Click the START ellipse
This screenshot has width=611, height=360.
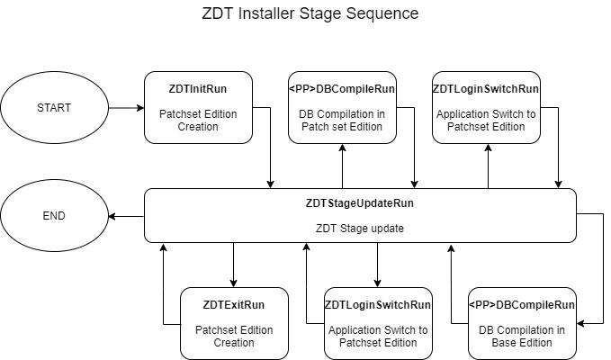click(x=54, y=108)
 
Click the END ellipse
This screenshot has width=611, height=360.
click(x=54, y=216)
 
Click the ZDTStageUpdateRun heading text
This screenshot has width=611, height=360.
click(x=360, y=203)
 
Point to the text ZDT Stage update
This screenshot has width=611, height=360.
click(x=360, y=228)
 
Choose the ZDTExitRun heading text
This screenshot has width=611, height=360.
click(x=234, y=304)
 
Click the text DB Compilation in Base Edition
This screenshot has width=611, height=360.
click(x=522, y=336)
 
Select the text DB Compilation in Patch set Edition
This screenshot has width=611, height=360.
click(x=342, y=121)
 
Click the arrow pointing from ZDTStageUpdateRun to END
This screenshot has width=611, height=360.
click(x=126, y=216)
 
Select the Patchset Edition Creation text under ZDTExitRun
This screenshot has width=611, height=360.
click(x=234, y=336)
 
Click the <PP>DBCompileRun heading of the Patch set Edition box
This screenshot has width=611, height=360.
click(x=342, y=89)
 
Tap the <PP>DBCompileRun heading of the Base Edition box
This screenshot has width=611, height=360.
click(x=522, y=304)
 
